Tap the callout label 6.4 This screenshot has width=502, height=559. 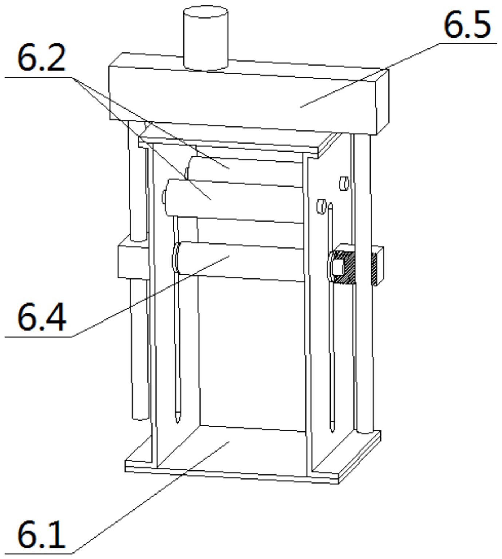click(41, 318)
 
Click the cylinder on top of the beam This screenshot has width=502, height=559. click(206, 38)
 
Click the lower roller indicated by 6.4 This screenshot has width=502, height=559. click(240, 261)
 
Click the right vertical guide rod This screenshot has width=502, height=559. click(364, 346)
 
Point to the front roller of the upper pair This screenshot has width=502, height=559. click(233, 200)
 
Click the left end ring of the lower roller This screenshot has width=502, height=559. click(176, 258)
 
